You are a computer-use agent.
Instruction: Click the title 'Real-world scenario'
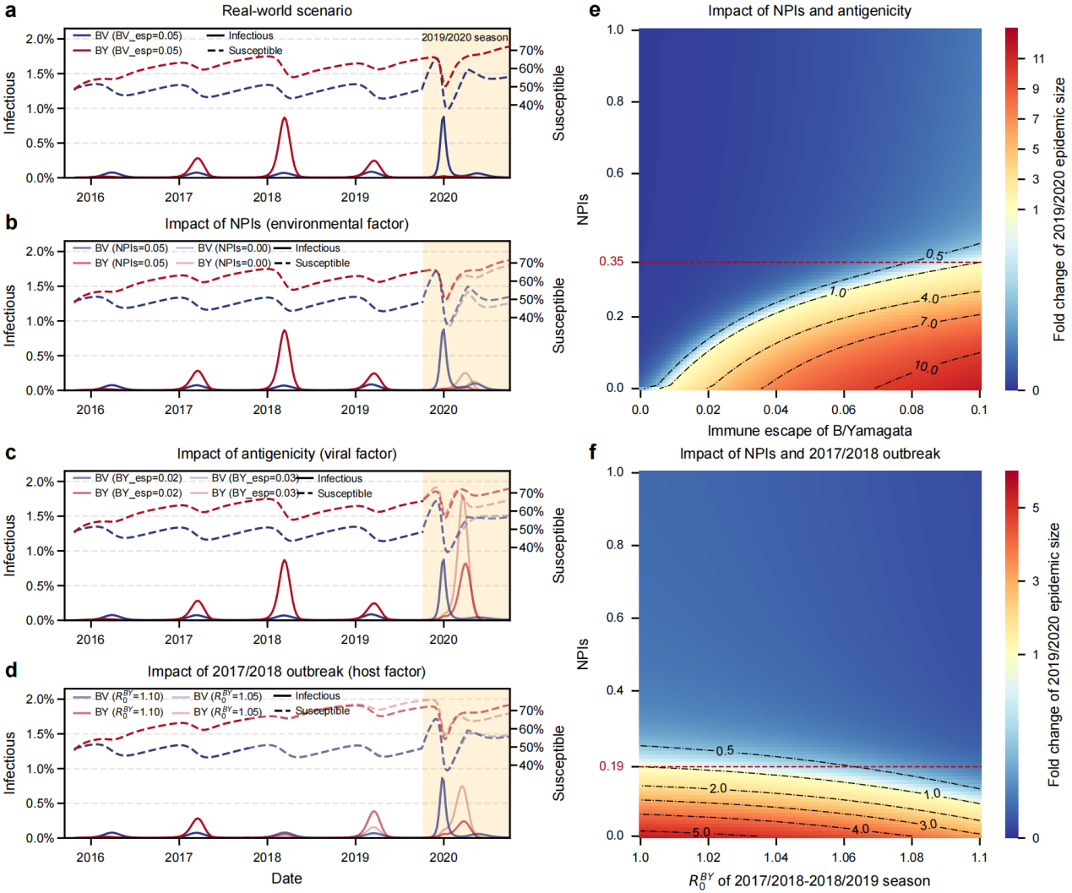pyautogui.click(x=286, y=11)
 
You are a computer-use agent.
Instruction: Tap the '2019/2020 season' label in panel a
pyautogui.click(x=465, y=37)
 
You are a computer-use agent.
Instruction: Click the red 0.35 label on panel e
pyautogui.click(x=612, y=262)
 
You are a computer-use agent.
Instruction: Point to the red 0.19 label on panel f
pyautogui.click(x=612, y=766)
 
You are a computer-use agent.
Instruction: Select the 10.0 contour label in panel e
pyautogui.click(x=926, y=367)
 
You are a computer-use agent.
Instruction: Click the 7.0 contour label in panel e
pyautogui.click(x=928, y=323)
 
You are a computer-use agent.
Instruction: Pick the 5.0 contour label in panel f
pyautogui.click(x=701, y=832)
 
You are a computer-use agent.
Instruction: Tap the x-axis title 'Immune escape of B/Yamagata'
pyautogui.click(x=809, y=431)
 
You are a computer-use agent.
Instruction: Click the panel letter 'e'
pyautogui.click(x=595, y=10)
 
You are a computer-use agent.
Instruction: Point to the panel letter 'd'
pyautogui.click(x=11, y=670)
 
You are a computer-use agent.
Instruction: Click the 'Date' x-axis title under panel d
pyautogui.click(x=286, y=879)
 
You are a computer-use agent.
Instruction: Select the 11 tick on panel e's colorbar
pyautogui.click(x=1038, y=59)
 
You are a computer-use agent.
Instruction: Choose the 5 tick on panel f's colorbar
pyautogui.click(x=1036, y=508)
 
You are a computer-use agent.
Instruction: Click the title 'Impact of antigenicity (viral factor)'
pyautogui.click(x=286, y=454)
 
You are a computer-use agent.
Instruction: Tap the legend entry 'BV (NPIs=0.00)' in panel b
pyautogui.click(x=234, y=248)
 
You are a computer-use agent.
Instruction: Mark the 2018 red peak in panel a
pyautogui.click(x=285, y=119)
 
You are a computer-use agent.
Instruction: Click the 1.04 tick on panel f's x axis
pyautogui.click(x=775, y=857)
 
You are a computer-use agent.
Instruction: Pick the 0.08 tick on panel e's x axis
pyautogui.click(x=911, y=410)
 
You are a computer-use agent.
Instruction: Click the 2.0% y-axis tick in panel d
pyautogui.click(x=39, y=700)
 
